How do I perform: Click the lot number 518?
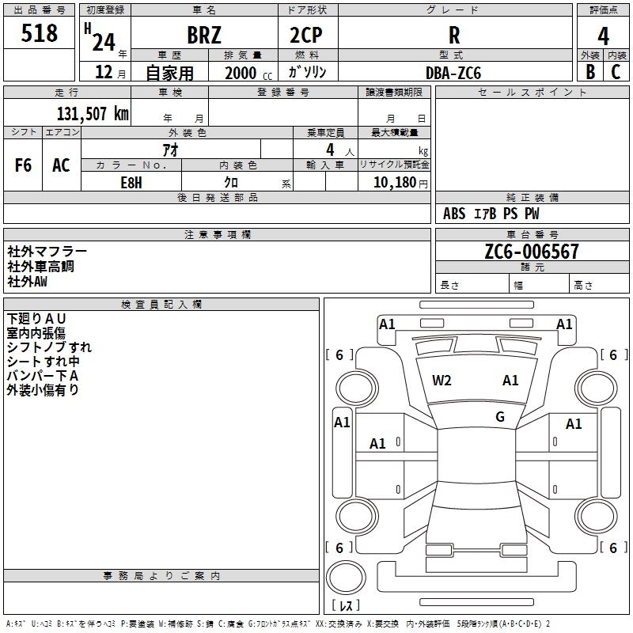[x=40, y=33]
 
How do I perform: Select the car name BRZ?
[x=204, y=36]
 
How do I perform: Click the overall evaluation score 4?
[x=603, y=36]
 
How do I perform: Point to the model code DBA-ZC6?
[x=453, y=72]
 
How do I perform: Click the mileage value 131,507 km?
[x=93, y=113]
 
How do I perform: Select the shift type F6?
[x=24, y=165]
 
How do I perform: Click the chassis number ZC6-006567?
[x=532, y=252]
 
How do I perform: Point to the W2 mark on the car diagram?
[x=442, y=381]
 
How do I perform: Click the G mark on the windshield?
[x=500, y=417]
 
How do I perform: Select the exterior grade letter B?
[x=589, y=72]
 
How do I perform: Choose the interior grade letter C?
[x=616, y=72]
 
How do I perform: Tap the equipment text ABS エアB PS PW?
[x=491, y=214]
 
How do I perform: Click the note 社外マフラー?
[x=47, y=252]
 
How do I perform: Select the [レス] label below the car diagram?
[x=348, y=605]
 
